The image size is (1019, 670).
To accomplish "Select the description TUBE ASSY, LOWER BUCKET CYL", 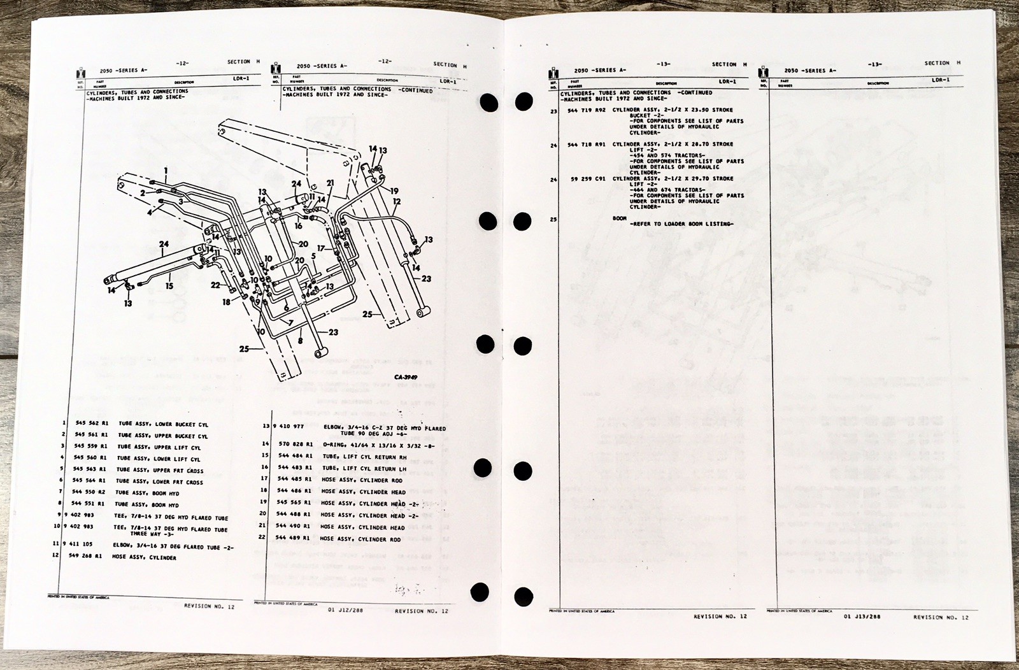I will click(162, 424).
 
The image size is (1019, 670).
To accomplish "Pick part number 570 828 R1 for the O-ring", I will click(294, 444).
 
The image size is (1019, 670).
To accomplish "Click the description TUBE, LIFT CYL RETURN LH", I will click(364, 468).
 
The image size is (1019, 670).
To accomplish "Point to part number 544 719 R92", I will click(585, 110).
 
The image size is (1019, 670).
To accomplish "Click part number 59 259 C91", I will click(587, 179).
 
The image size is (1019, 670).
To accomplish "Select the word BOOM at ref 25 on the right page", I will click(620, 218).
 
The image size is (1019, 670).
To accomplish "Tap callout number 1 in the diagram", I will click(165, 170).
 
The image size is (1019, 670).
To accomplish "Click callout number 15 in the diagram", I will click(169, 286).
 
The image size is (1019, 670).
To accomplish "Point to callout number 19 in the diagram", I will click(394, 190).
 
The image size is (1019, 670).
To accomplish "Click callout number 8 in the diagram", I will click(300, 341).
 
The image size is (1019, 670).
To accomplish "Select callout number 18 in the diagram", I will click(227, 302).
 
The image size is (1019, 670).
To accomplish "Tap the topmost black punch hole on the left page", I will click(488, 102).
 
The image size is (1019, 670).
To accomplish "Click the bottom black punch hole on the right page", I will click(524, 597).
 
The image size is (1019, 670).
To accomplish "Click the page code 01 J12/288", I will click(341, 610).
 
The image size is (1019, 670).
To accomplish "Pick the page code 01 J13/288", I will click(862, 617).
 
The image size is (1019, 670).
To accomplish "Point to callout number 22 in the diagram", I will click(215, 285).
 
